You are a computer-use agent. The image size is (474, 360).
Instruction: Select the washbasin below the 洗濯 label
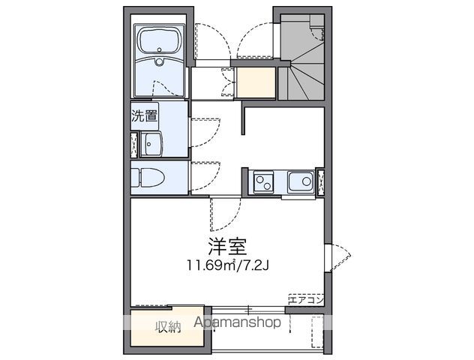click(154, 143)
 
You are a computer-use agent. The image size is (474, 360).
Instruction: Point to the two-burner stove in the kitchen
click(263, 181)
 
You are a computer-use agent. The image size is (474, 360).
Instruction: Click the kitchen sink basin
click(301, 181)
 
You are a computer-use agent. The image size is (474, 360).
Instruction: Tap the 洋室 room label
click(224, 246)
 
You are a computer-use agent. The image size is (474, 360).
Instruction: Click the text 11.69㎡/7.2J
click(224, 265)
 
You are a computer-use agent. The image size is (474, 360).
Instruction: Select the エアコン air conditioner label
click(305, 299)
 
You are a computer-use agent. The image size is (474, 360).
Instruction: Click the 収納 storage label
click(168, 326)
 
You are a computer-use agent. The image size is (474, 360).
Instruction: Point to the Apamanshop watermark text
click(238, 322)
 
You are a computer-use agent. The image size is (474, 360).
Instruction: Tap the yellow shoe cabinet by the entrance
click(256, 83)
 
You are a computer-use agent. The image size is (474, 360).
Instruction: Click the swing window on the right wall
click(336, 256)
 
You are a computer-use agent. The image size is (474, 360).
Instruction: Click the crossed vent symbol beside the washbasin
click(134, 144)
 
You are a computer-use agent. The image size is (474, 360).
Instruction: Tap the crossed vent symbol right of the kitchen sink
click(321, 181)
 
